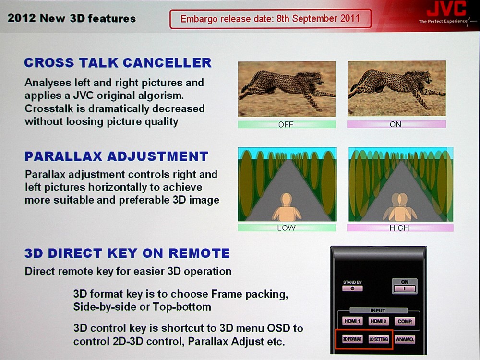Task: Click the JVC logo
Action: pyautogui.click(x=446, y=8)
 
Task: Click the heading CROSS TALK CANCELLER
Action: pyautogui.click(x=118, y=63)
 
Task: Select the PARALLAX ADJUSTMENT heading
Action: pyautogui.click(x=116, y=156)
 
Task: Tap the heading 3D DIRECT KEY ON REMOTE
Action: pyautogui.click(x=127, y=253)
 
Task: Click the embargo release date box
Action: pyautogui.click(x=271, y=19)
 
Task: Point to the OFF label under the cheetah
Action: pyautogui.click(x=286, y=124)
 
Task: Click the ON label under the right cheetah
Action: pyautogui.click(x=395, y=124)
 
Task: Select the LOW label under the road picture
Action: pyautogui.click(x=286, y=228)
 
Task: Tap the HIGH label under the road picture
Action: pyautogui.click(x=399, y=228)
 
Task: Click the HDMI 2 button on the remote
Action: pyautogui.click(x=378, y=321)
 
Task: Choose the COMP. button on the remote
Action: pyautogui.click(x=405, y=322)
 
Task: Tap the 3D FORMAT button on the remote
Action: pyautogui.click(x=352, y=339)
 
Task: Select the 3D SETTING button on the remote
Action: pyautogui.click(x=379, y=339)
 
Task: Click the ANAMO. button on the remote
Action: pyautogui.click(x=405, y=339)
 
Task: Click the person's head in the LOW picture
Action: pyautogui.click(x=287, y=199)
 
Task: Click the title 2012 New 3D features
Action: pyautogui.click(x=72, y=18)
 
